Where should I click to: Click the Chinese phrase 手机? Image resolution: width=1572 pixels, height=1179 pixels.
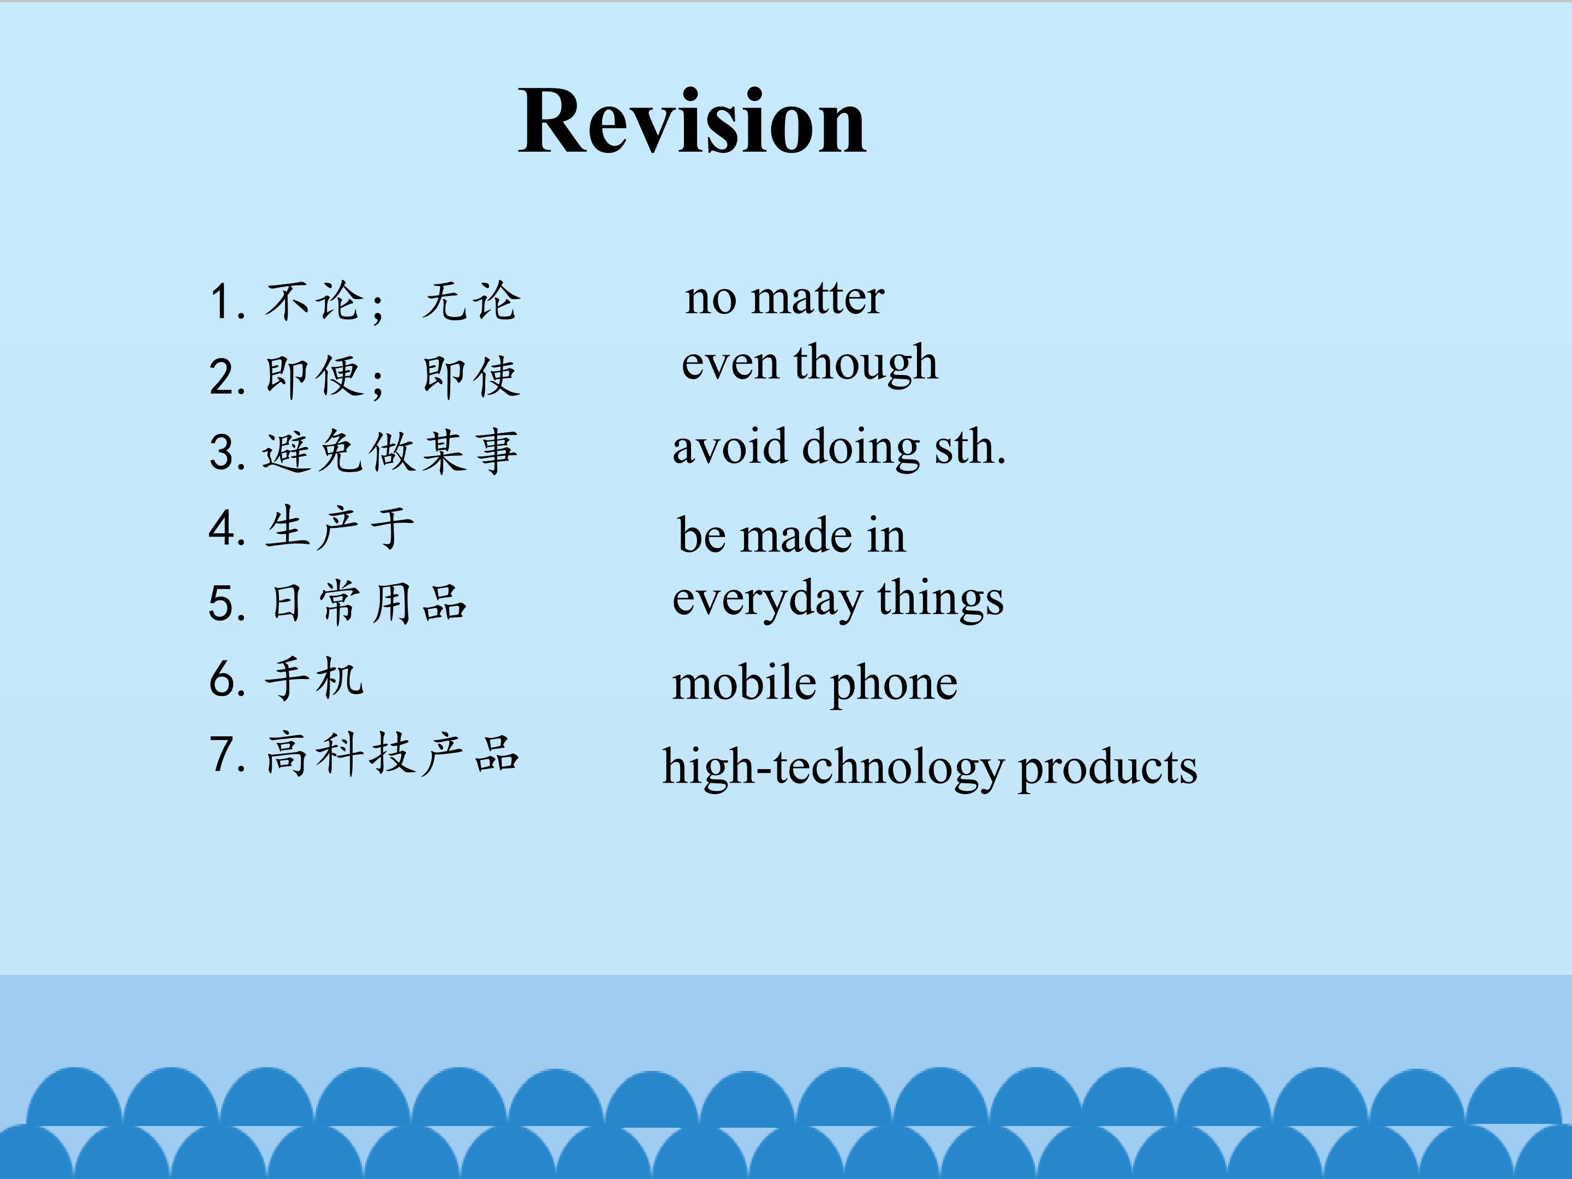pyautogui.click(x=314, y=678)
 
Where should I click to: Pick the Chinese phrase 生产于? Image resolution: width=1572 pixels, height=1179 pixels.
pyautogui.click(x=340, y=527)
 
